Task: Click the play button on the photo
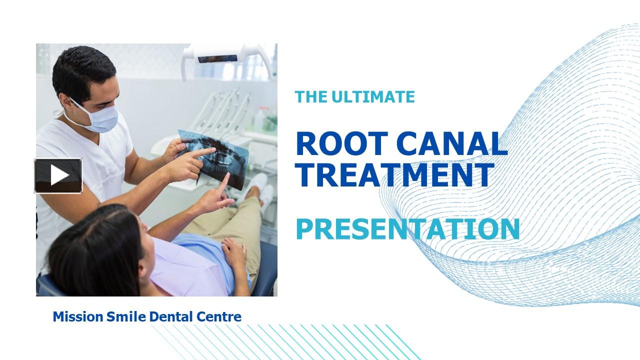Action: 58,175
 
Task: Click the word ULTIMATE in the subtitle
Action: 373,96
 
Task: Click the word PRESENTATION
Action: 407,228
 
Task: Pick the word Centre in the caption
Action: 219,316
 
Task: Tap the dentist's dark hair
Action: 82,67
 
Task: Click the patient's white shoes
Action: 260,187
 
